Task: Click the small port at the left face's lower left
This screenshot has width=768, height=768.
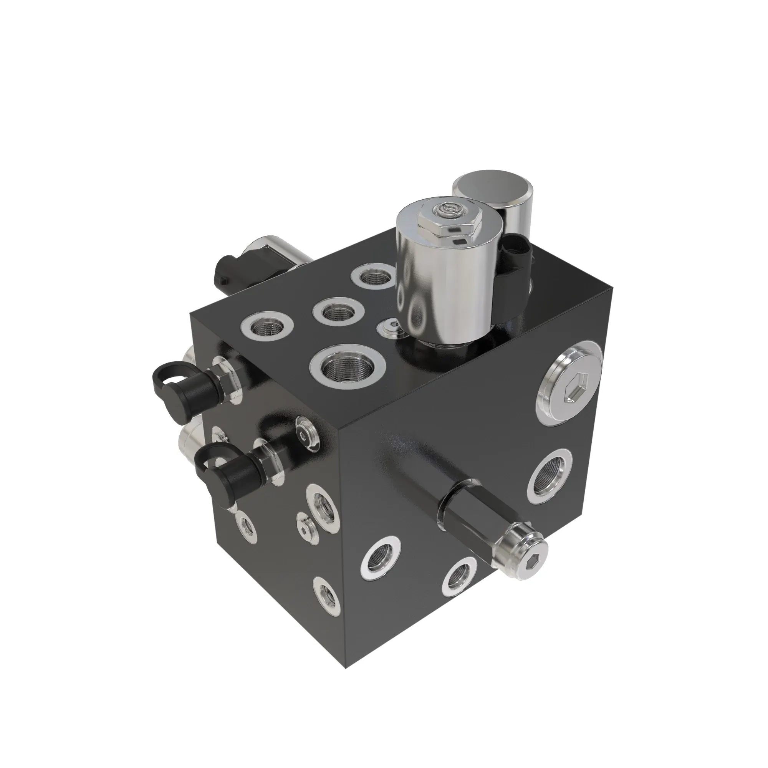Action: click(x=245, y=527)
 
